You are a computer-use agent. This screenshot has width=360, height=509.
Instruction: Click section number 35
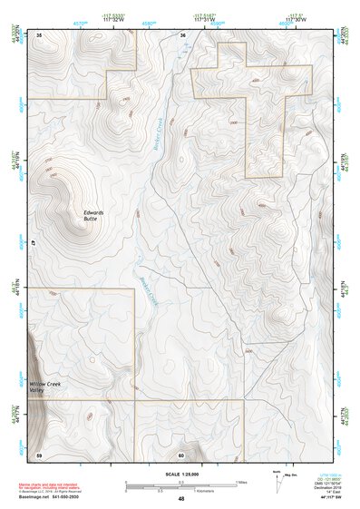coord(40,34)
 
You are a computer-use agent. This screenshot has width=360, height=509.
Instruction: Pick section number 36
coord(182,34)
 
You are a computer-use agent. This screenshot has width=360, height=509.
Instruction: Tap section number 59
coord(39,454)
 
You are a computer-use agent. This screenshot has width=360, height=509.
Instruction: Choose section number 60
coord(181,454)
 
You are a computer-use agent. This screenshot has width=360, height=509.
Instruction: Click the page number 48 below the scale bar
coord(180,498)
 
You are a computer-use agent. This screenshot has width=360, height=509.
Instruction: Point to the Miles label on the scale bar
coord(241,482)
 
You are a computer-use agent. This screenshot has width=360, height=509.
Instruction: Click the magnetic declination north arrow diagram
coord(279,481)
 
